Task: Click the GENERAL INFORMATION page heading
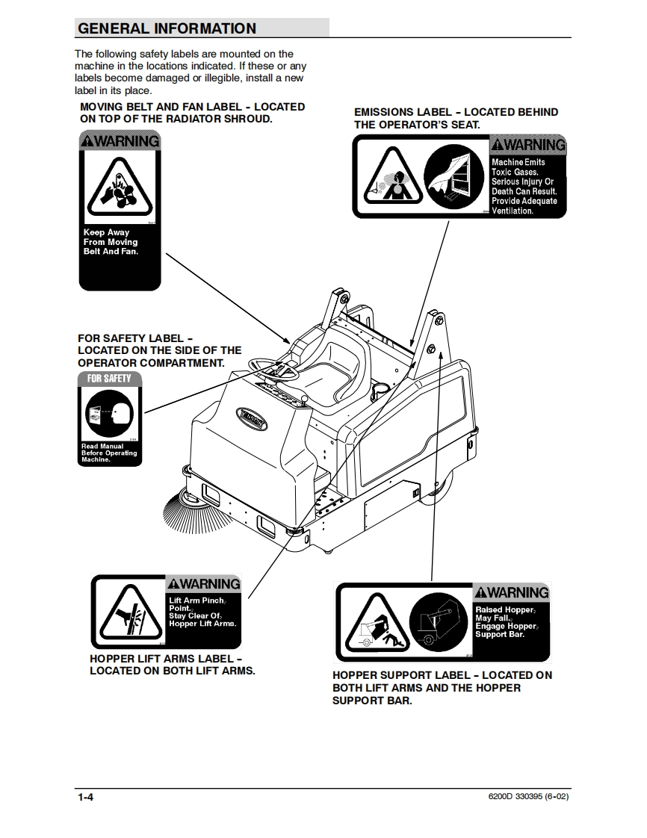167,28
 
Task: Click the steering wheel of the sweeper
273,367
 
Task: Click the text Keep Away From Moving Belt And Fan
111,242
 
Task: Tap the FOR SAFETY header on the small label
109,379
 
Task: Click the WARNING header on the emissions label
527,144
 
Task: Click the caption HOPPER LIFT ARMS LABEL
166,659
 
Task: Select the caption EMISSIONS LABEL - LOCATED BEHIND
456,112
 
